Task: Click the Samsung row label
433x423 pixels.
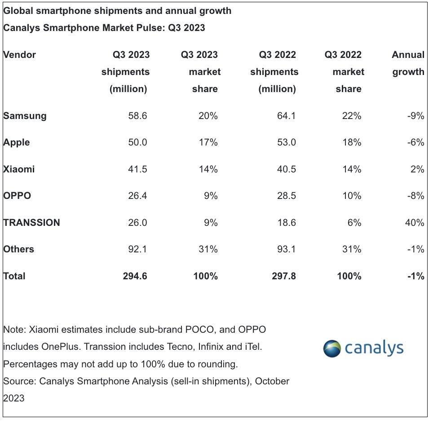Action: click(25, 116)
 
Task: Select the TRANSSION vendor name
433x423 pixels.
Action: click(31, 223)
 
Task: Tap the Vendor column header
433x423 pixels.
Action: click(19, 55)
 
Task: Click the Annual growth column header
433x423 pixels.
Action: click(408, 63)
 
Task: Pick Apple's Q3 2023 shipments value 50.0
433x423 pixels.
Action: click(138, 142)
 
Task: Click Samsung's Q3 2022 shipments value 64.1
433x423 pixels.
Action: click(287, 116)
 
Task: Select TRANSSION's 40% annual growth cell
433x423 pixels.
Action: click(414, 223)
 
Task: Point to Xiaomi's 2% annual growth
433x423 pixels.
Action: click(417, 169)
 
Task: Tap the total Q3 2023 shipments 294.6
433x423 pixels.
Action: click(135, 276)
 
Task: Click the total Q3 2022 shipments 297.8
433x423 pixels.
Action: click(283, 276)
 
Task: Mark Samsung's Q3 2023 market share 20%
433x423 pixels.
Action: click(208, 116)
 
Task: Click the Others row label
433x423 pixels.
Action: click(18, 249)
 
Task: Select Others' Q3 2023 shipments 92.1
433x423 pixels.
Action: click(138, 249)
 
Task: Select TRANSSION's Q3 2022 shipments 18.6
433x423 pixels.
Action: click(287, 223)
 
